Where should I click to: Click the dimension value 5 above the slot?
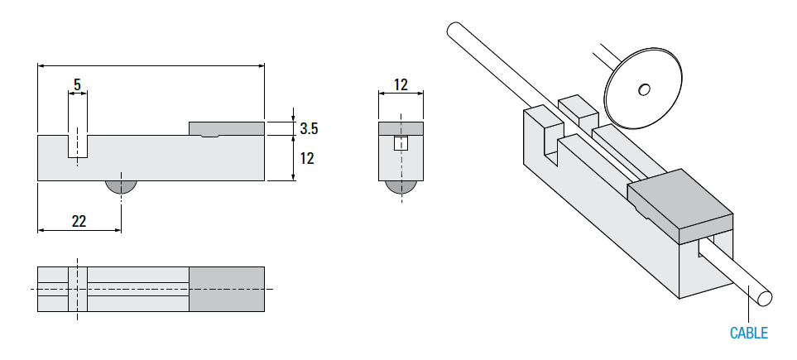(77, 84)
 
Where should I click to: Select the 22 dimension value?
(79, 221)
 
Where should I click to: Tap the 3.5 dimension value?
(309, 128)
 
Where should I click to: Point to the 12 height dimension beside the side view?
(307, 157)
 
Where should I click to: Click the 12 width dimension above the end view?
(401, 84)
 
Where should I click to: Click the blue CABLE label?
(748, 334)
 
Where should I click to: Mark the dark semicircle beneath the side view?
(121, 186)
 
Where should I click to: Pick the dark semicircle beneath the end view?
(401, 187)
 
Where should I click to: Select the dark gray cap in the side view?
(227, 128)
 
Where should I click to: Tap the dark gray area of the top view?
(227, 289)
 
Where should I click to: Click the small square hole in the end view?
(401, 143)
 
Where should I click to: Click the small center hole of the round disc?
(643, 88)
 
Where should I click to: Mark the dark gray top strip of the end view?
(401, 127)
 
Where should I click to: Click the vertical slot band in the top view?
(77, 289)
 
